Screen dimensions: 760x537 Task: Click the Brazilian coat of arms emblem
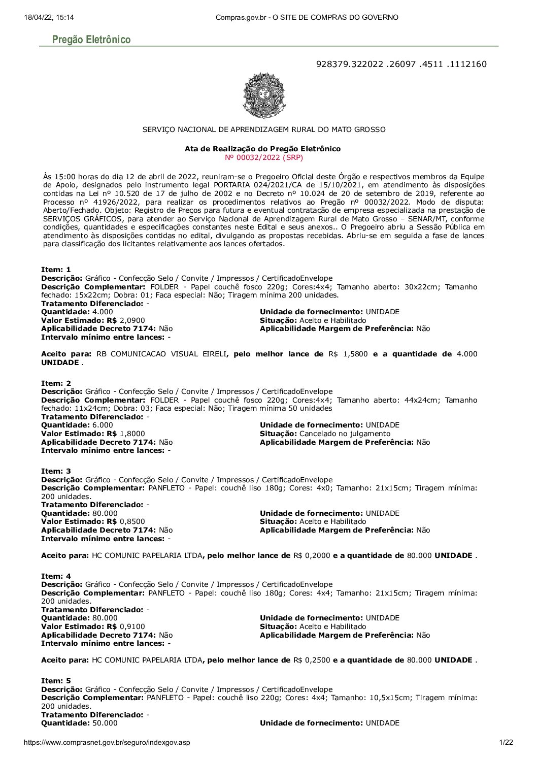(263, 95)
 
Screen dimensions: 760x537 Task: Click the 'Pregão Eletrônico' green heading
(91, 40)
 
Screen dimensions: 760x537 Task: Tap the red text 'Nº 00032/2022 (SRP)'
(263, 157)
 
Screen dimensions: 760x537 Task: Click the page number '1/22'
(506, 743)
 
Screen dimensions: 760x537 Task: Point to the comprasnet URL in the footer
(107, 743)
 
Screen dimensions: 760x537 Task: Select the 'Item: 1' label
(56, 270)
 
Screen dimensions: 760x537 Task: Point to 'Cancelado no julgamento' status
(345, 434)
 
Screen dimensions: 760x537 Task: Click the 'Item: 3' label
(56, 471)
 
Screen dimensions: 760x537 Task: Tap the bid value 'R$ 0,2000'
(312, 555)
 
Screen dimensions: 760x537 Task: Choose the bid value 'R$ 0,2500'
(312, 660)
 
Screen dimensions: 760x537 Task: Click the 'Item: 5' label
(56, 680)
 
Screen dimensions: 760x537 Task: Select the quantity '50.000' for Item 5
(105, 723)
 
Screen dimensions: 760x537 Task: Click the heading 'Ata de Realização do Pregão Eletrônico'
(263, 149)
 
